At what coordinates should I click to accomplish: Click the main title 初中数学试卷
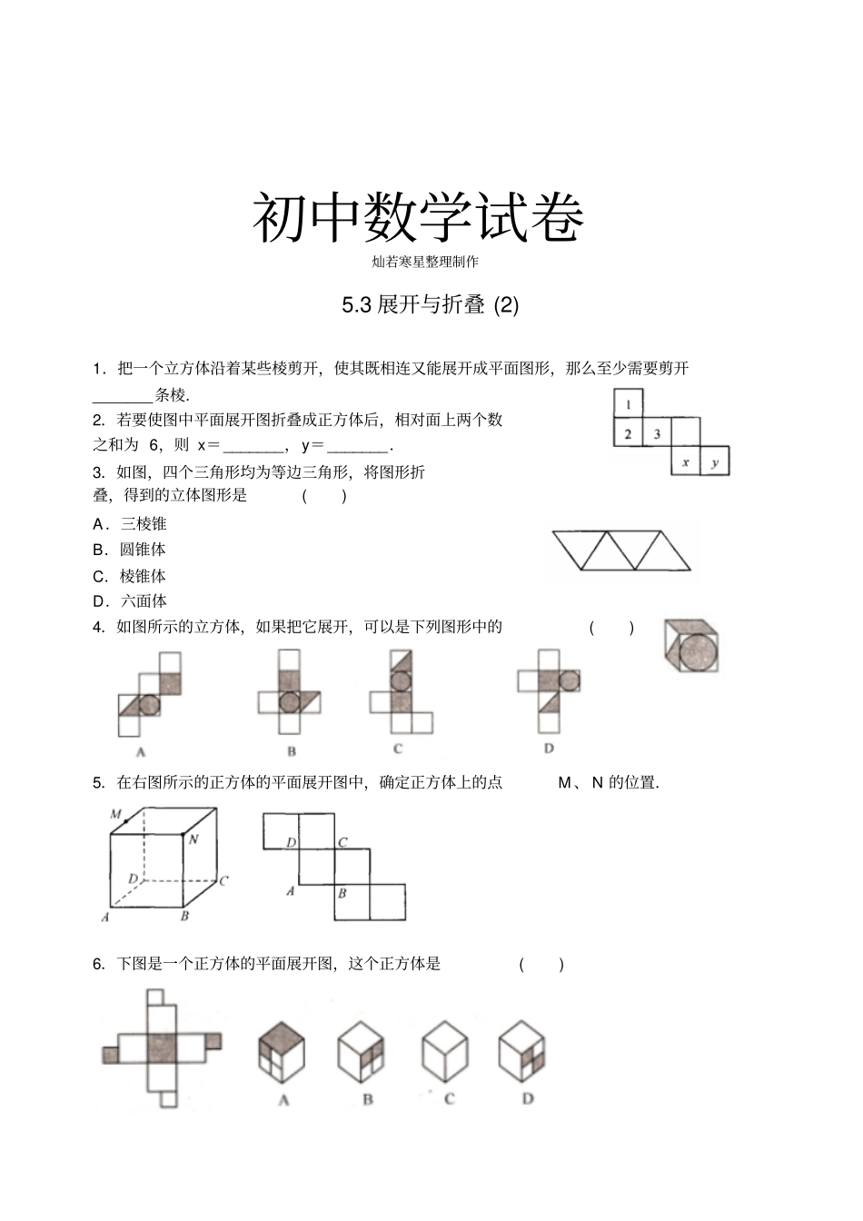click(x=417, y=218)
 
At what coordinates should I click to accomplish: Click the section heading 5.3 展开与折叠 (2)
click(x=430, y=305)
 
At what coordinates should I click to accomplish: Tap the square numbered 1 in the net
click(x=628, y=403)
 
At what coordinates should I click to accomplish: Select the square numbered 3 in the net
click(x=657, y=433)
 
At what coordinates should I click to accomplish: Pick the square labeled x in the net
click(x=685, y=462)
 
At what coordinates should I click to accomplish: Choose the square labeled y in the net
click(x=715, y=462)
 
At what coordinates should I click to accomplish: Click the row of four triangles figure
click(x=621, y=551)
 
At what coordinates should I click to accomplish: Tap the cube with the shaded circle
click(x=691, y=646)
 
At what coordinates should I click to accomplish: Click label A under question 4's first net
click(x=141, y=751)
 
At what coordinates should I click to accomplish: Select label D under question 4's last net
click(x=549, y=749)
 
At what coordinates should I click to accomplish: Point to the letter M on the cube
click(x=116, y=814)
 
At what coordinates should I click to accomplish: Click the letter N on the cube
click(x=193, y=839)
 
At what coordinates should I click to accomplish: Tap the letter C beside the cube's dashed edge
click(x=223, y=879)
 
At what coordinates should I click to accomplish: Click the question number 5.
click(x=98, y=782)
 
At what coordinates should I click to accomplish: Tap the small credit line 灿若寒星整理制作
click(x=425, y=262)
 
